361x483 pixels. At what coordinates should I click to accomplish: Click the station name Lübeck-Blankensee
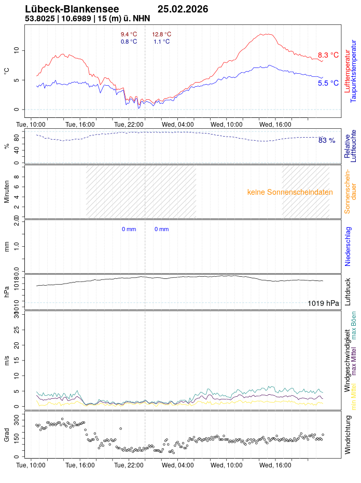pos(72,9)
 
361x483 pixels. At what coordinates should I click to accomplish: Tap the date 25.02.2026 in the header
pos(183,9)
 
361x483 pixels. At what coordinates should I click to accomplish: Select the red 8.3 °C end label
pos(328,55)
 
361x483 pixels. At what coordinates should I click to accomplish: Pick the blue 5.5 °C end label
pos(328,83)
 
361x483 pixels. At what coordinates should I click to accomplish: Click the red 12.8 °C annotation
pos(161,34)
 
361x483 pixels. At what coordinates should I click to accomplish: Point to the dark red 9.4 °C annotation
pos(129,34)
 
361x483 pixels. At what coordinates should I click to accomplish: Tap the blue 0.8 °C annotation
pos(129,42)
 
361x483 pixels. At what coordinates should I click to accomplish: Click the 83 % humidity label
pos(327,140)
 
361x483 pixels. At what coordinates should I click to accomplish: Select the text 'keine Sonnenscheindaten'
pos(290,192)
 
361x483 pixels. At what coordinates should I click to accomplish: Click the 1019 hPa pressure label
pos(323,303)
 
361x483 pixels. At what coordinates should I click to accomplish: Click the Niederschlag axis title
pos(348,246)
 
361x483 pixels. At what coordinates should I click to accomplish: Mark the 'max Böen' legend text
pos(354,325)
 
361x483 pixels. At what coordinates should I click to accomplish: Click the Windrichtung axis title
pos(348,440)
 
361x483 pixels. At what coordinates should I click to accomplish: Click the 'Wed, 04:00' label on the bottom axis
pos(178,465)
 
